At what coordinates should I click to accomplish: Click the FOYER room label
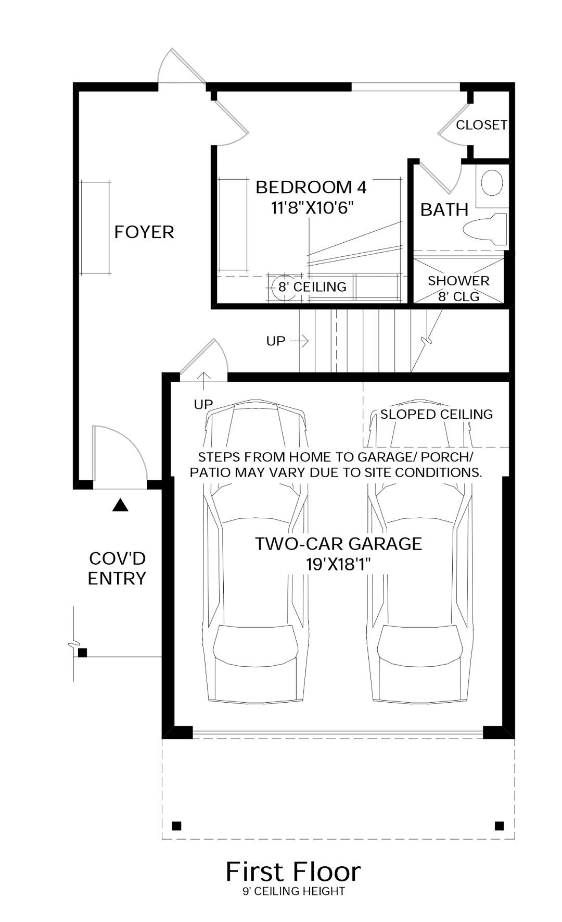(144, 232)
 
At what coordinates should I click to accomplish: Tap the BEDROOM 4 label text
(311, 188)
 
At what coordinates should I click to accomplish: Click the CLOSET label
(481, 125)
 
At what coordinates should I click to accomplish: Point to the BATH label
(444, 210)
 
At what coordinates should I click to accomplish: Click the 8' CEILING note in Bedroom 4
(312, 287)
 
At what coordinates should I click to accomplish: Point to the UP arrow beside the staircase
(299, 341)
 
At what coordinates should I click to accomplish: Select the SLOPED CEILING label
(436, 415)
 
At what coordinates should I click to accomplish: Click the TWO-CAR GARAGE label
(338, 544)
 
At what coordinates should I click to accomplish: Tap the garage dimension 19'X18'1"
(338, 564)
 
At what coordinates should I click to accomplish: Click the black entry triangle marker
(120, 505)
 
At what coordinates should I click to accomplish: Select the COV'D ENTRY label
(117, 568)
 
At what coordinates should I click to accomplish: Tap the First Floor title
(293, 872)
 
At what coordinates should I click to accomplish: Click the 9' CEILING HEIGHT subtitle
(293, 892)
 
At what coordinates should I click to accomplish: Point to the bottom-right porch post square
(499, 826)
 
